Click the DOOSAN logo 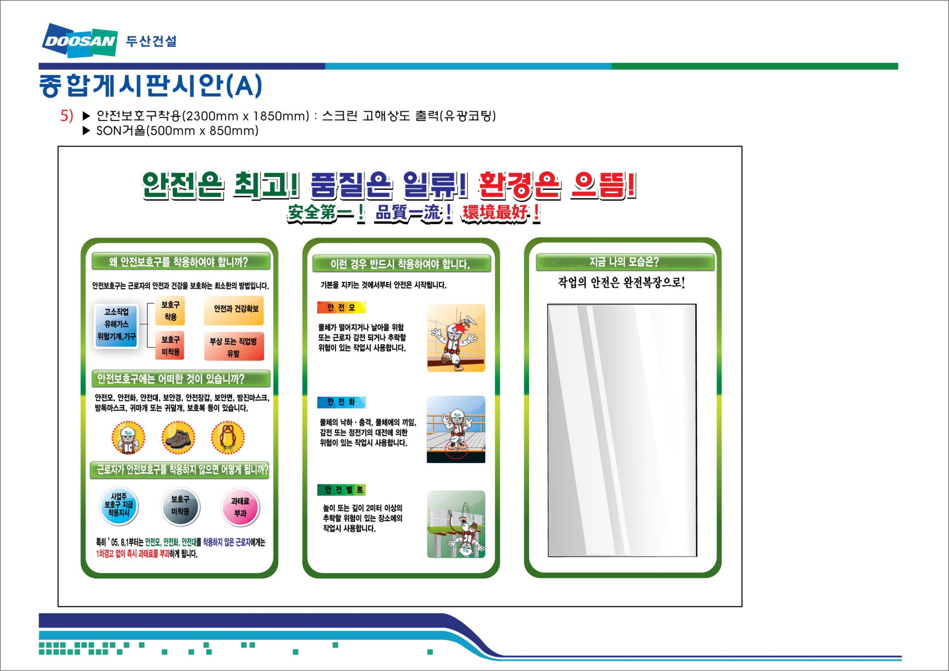80,40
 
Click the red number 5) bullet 66,115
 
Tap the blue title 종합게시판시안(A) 150,85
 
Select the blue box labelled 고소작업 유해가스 116,325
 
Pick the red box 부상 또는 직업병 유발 234,346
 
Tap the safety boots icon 178,438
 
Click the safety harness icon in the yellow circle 227,438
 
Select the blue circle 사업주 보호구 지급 119,506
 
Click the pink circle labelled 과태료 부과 240,507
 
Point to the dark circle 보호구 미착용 180,506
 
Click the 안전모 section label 341,308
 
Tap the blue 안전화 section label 341,402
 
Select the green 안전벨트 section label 342,490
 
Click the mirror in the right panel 622,430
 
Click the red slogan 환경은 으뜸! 557,185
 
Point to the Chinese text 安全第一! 326,213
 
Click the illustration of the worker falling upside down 456,524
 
